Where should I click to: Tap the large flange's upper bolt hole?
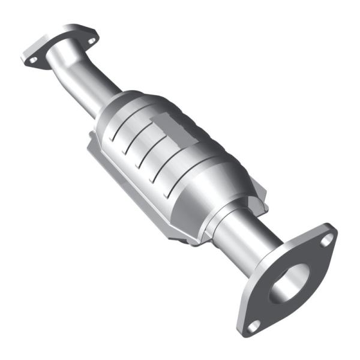[x=326, y=239]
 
